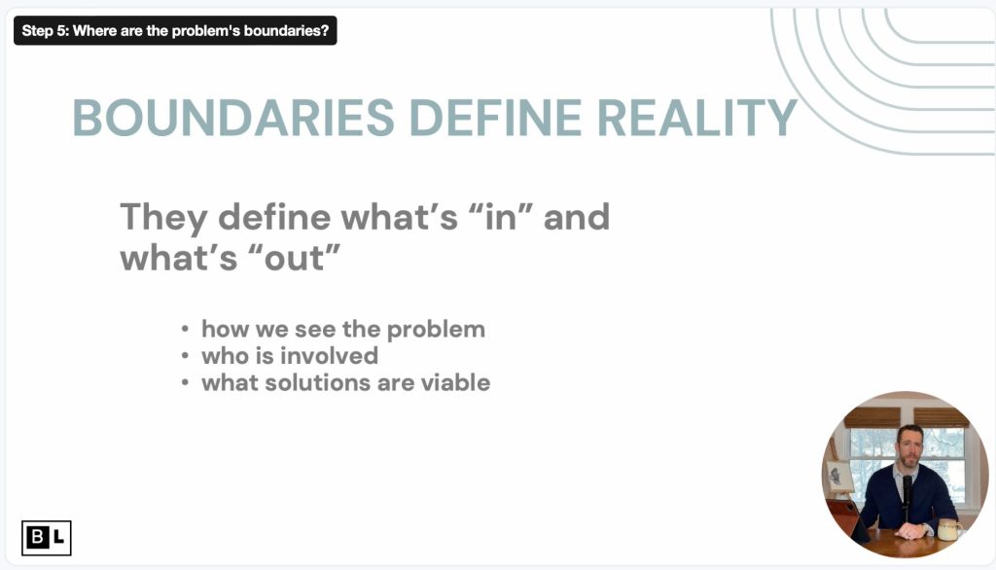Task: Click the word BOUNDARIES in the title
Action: click(x=233, y=119)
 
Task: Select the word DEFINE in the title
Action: click(x=496, y=119)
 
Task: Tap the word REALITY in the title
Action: click(x=696, y=119)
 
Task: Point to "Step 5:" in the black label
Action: click(x=45, y=30)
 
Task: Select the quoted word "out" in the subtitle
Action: click(x=294, y=258)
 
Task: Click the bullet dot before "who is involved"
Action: click(x=185, y=356)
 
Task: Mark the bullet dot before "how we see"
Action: click(x=185, y=329)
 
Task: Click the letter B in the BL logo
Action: click(x=37, y=538)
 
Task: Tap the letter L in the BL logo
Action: click(x=58, y=538)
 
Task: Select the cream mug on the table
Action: click(x=947, y=529)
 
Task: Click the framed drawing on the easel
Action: click(x=838, y=476)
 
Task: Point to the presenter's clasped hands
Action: click(x=910, y=530)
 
